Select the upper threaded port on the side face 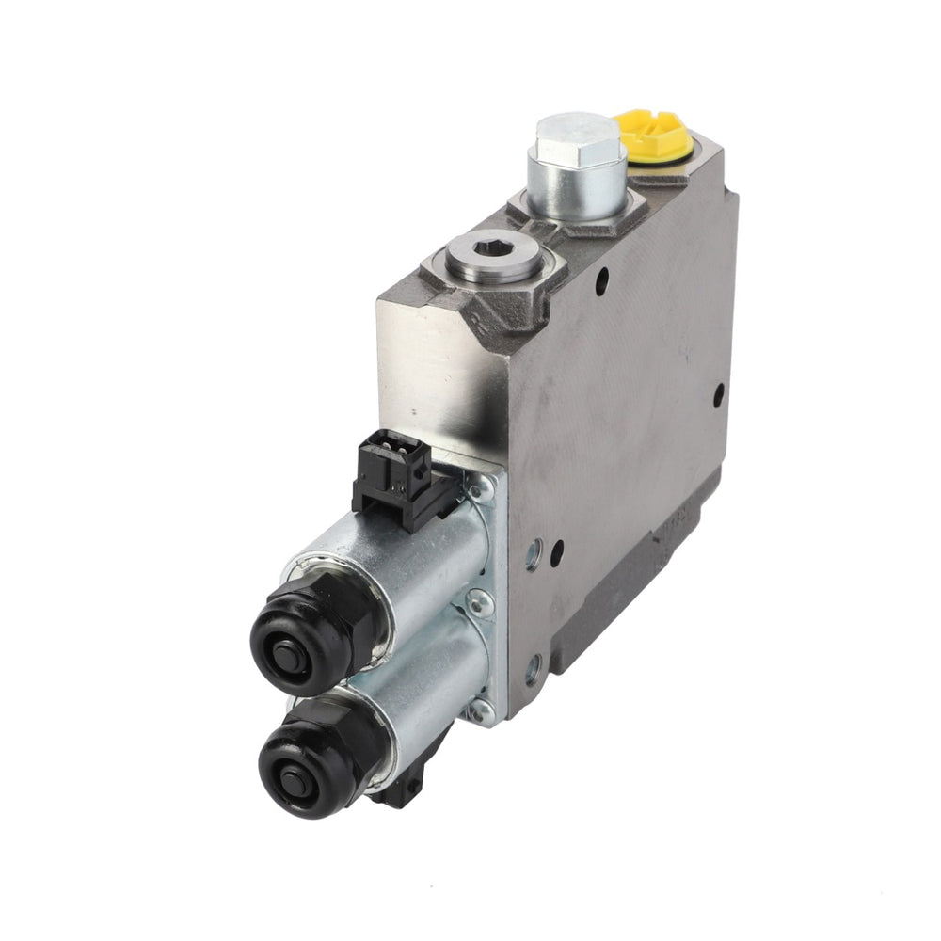pyautogui.click(x=533, y=556)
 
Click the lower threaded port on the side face pyautogui.click(x=533, y=670)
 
